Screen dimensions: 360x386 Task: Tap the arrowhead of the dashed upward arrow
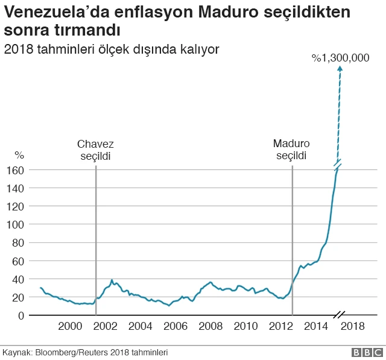[340, 69]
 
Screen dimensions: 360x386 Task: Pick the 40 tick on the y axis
[18, 279]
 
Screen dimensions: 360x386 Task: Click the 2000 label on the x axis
[70, 326]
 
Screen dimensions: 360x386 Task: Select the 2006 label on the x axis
[176, 326]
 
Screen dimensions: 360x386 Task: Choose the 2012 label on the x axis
[280, 326]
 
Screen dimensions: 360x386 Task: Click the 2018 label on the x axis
[353, 326]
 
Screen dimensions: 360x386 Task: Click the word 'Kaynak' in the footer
[17, 352]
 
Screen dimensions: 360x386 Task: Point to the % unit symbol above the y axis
[19, 156]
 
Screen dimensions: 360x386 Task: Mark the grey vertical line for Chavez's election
[96, 241]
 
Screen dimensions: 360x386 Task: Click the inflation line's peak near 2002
[112, 280]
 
